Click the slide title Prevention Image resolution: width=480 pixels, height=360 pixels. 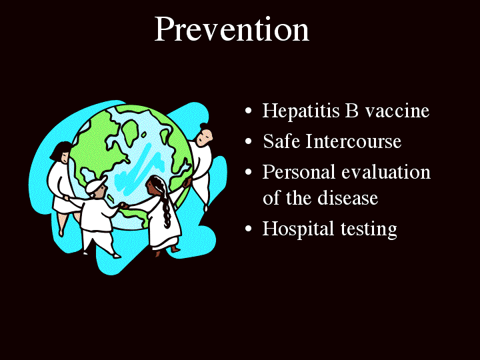click(232, 29)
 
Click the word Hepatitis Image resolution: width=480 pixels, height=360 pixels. click(301, 111)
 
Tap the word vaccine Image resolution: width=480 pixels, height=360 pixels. click(397, 111)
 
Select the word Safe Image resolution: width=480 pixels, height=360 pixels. click(281, 141)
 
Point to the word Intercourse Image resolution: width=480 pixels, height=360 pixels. click(353, 141)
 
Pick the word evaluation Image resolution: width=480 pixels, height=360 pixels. click(386, 172)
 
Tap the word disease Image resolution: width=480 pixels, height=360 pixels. click(348, 198)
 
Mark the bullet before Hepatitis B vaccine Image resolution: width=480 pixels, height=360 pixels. click(249, 111)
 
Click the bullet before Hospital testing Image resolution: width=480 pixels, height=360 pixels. click(249, 229)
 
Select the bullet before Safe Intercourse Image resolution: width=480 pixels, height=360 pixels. click(249, 141)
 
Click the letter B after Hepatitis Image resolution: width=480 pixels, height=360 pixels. click(352, 111)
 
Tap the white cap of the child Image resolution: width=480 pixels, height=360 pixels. click(95, 185)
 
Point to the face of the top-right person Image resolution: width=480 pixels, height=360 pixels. click(205, 137)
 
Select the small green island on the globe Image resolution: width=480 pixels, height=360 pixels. click(143, 135)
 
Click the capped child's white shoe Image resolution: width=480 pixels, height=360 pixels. click(116, 255)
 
